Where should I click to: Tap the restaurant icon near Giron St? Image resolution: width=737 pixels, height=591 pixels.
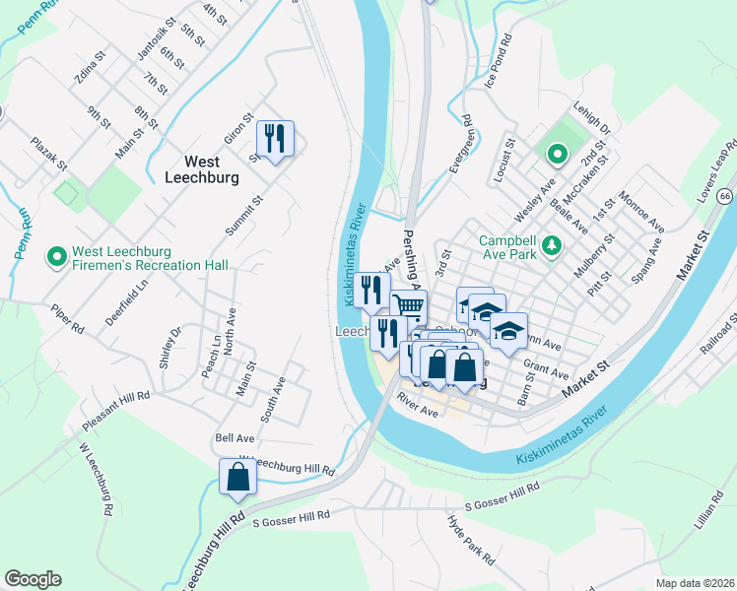(x=275, y=138)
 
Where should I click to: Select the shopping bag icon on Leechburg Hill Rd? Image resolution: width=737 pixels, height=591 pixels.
(x=237, y=477)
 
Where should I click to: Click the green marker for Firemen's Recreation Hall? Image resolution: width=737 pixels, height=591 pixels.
(x=57, y=257)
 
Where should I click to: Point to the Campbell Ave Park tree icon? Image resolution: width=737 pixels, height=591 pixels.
(x=555, y=243)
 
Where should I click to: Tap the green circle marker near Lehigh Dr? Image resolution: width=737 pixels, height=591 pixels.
(x=556, y=154)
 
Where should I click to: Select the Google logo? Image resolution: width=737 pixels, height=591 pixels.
(x=33, y=579)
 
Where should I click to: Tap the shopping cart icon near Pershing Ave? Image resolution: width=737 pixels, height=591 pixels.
(x=407, y=306)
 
